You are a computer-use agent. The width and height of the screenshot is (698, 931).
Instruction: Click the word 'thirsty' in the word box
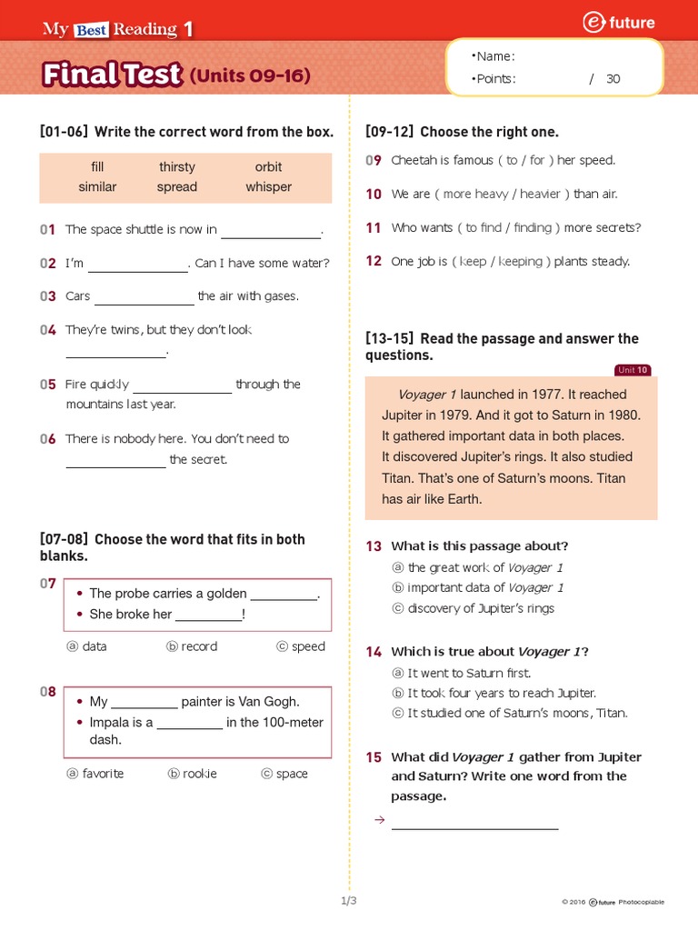coord(177,166)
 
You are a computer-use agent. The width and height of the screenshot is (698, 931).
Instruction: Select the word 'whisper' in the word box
coord(269,186)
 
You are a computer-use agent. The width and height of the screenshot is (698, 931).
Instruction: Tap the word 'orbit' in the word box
coord(269,166)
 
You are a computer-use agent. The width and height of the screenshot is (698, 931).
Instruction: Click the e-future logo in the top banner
coord(621,24)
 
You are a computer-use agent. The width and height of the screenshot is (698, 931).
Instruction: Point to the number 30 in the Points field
coord(613,79)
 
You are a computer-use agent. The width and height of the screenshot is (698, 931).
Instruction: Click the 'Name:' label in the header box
coord(496,56)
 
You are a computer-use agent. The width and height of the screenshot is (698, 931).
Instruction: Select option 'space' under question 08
coord(292,774)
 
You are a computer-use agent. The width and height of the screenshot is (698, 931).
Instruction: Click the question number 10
coord(374,194)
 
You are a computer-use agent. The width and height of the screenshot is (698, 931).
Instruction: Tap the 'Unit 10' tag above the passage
coord(633,370)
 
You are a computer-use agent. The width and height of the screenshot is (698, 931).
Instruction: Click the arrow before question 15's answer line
coord(380,820)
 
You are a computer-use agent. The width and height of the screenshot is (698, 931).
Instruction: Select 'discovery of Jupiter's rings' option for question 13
coord(481,608)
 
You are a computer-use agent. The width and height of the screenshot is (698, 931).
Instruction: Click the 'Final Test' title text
coord(113,75)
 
